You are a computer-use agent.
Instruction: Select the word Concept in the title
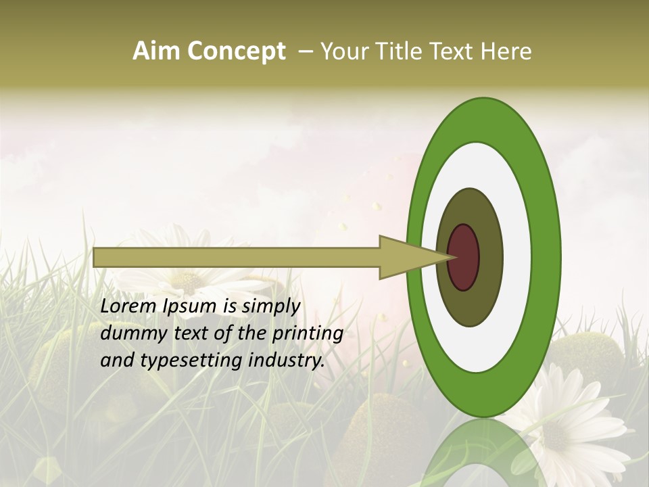[x=236, y=51]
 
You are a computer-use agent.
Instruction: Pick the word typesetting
[x=194, y=361]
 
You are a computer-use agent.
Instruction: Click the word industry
[x=287, y=361]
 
